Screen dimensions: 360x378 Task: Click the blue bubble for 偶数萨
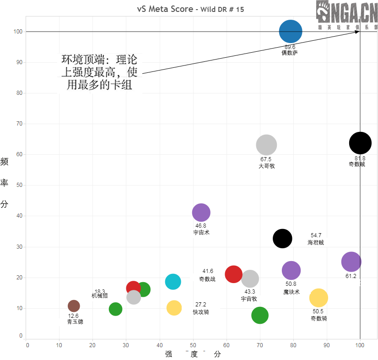(291, 32)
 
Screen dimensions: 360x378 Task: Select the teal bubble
(173, 282)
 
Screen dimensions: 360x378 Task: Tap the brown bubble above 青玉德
(74, 306)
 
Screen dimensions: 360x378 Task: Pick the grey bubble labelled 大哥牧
(266, 145)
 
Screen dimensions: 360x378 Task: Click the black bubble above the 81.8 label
(360, 143)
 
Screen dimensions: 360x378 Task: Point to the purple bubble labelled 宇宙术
(201, 213)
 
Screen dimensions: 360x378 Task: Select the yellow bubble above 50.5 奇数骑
(319, 298)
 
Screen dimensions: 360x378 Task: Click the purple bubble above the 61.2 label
(351, 262)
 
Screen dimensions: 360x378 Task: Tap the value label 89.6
(290, 47)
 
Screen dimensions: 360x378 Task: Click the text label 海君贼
(316, 242)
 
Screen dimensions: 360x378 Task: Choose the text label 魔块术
(291, 292)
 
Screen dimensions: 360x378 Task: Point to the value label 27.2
(201, 305)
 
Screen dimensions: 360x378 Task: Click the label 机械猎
(99, 296)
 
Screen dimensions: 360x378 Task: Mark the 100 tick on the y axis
(18, 32)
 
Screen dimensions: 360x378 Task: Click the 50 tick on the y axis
(19, 185)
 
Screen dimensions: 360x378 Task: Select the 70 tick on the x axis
(260, 344)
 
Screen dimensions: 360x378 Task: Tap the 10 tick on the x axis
(59, 344)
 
